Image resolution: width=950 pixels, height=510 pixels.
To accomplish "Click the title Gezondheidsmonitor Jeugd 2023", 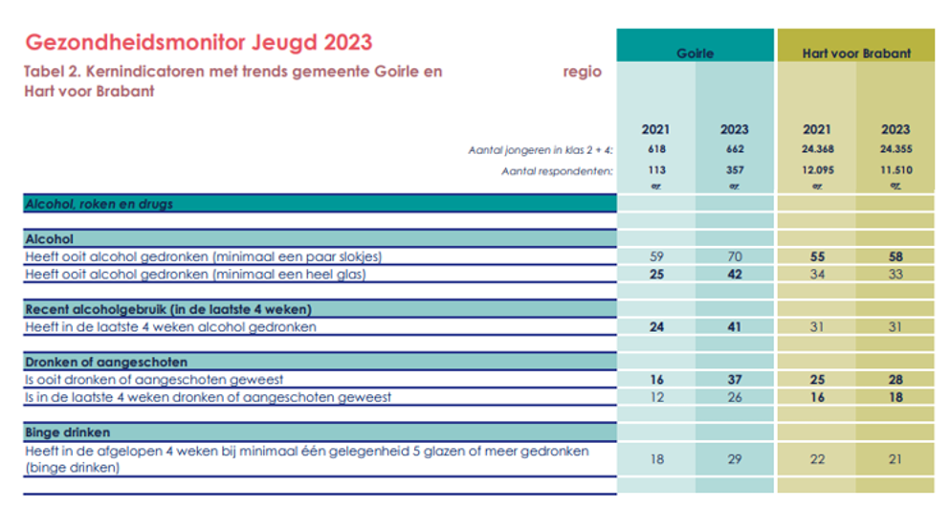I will pos(198,43).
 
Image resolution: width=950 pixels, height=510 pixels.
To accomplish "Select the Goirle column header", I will pos(696,54).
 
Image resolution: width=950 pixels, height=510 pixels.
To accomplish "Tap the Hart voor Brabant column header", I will pos(855,54).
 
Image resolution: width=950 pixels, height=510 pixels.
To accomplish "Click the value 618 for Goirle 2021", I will pos(656,149).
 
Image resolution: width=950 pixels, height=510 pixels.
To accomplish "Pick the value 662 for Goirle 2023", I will pos(734,149).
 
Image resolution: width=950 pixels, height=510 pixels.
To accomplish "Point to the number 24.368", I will pos(816,149).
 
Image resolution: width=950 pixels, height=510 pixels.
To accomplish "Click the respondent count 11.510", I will pos(895,170).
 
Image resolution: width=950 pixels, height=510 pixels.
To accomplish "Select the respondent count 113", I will pos(656,170).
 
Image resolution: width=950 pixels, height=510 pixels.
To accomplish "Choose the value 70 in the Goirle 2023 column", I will pos(734,256).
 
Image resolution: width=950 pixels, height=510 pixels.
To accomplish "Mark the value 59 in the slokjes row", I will pos(656,256).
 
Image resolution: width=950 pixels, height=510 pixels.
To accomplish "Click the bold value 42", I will pos(734,275).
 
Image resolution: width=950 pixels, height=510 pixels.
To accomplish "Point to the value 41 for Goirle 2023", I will pos(734,326).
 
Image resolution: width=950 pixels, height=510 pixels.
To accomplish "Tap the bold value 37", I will pos(734,379).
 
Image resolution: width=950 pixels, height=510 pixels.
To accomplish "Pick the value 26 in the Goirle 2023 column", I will pos(734,396).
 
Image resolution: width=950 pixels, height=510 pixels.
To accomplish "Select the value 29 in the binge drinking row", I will pos(734,459).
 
